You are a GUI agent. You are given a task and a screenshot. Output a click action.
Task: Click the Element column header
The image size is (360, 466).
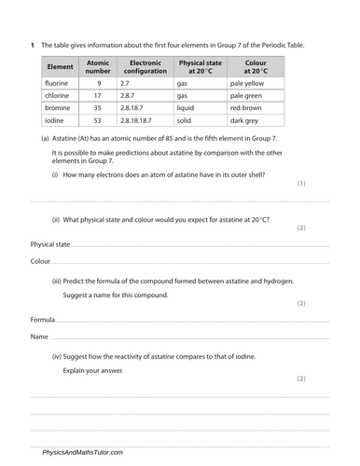click(x=61, y=67)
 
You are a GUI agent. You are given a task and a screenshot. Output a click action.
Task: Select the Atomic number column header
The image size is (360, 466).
click(x=98, y=67)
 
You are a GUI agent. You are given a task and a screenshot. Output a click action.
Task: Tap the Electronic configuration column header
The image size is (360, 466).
click(x=145, y=67)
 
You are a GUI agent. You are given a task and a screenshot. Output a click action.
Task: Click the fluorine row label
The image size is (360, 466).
click(x=58, y=83)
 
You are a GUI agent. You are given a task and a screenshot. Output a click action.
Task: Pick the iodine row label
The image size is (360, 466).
click(x=55, y=119)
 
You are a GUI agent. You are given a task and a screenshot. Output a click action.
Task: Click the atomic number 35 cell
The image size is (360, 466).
click(x=98, y=107)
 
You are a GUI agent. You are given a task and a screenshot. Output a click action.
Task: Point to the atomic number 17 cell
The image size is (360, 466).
click(x=98, y=95)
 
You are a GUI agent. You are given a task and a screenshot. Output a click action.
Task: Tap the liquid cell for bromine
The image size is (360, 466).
click(x=184, y=107)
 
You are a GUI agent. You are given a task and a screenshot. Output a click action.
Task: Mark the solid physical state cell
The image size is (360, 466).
click(x=183, y=119)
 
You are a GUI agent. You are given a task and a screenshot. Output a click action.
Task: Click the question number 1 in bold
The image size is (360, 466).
click(x=32, y=46)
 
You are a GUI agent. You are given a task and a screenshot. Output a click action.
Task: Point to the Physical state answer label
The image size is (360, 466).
click(x=50, y=244)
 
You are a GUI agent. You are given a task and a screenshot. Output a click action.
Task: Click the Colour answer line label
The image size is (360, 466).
click(x=40, y=261)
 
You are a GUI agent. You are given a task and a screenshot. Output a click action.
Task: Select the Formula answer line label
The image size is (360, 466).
click(x=42, y=319)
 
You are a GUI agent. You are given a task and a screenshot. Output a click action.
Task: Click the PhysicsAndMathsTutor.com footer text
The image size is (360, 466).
click(x=82, y=452)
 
